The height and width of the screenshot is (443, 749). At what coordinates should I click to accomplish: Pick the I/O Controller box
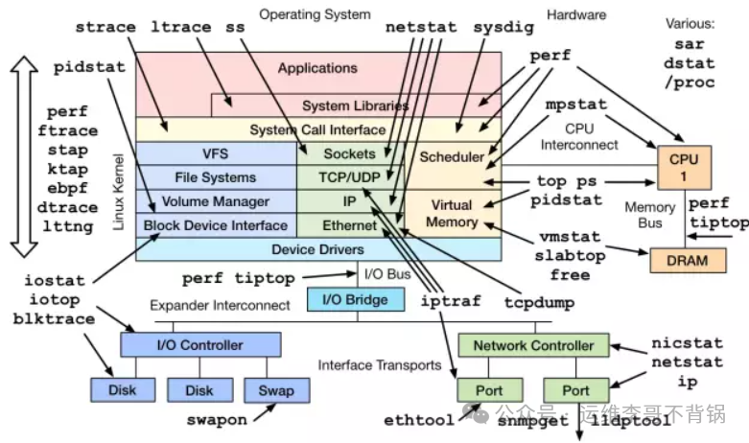pos(200,344)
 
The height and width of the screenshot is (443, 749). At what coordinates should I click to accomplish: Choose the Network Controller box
pos(533,345)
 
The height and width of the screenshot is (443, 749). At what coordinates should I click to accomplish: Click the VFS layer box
pos(216,153)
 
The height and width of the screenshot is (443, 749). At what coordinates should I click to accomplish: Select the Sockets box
pos(349,153)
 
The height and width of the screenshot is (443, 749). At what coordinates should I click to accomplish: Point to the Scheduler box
pos(453,156)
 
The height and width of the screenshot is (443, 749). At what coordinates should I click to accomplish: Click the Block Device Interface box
pos(216,225)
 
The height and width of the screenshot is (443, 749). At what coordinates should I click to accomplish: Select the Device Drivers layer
pos(316,249)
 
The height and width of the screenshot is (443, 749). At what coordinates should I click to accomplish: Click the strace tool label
pos(105,27)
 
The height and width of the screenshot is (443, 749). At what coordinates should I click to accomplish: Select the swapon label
pos(216,420)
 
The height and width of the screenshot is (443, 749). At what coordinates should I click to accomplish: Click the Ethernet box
pos(349,225)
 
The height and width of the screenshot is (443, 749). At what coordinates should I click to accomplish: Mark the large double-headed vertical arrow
pos(23,156)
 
